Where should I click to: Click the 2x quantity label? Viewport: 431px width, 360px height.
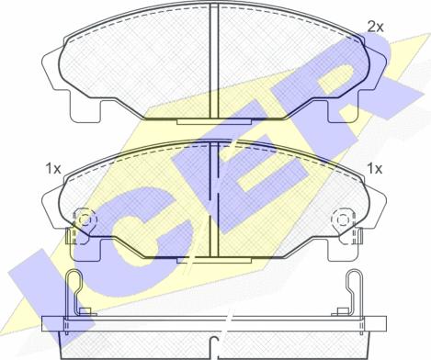(x=375, y=28)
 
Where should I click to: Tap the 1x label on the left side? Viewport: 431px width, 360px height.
(x=53, y=169)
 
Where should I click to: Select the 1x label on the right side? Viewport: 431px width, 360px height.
(x=375, y=168)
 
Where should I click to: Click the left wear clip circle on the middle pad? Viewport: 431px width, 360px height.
(x=85, y=219)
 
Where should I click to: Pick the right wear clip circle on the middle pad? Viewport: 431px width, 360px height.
(x=342, y=219)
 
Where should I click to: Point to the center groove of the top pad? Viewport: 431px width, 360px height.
(x=214, y=61)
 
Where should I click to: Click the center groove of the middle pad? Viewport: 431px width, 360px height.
(x=214, y=199)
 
